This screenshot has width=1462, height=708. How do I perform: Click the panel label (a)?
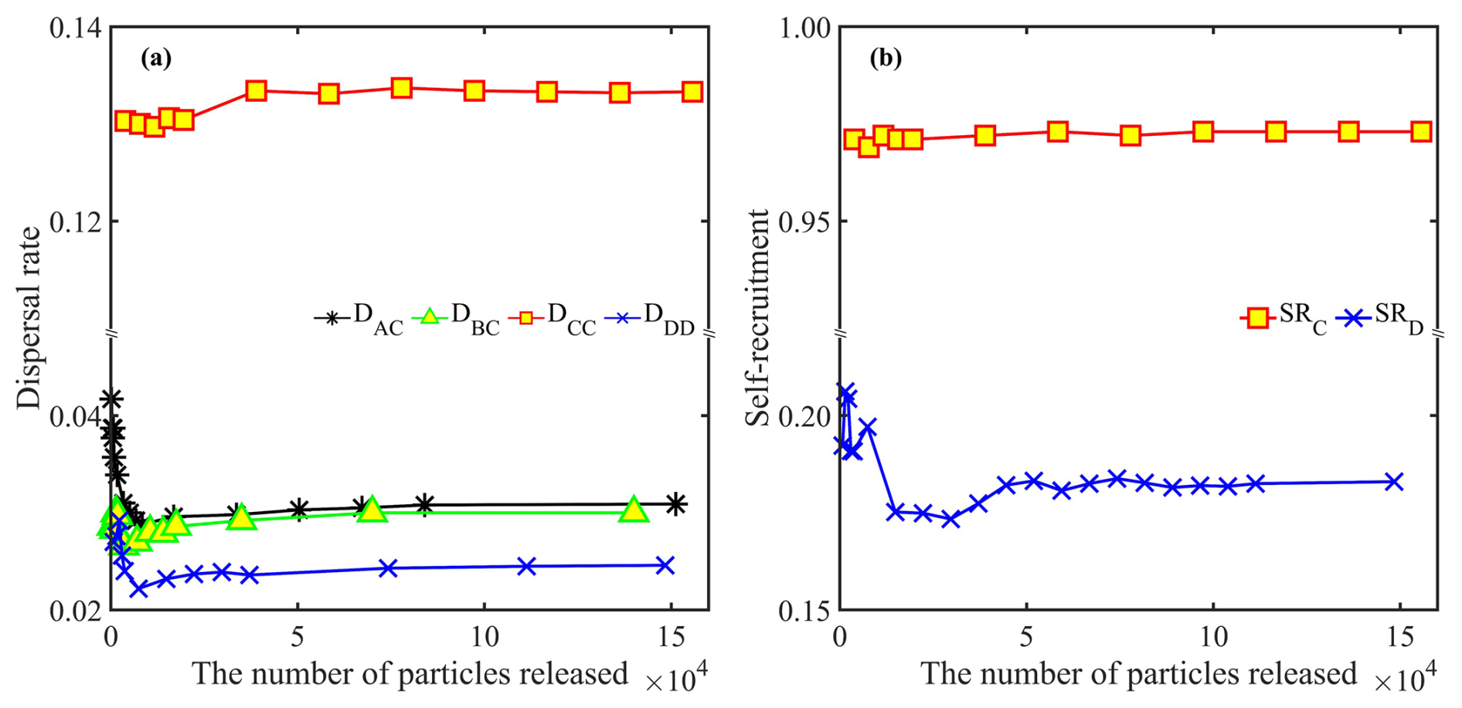pos(156,59)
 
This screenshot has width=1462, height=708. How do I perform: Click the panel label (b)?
pos(885,59)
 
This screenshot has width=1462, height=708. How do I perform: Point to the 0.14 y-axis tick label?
pos(75,29)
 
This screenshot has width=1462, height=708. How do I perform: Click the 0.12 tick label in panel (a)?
pos(75,222)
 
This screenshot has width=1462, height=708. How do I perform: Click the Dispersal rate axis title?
pos(29,317)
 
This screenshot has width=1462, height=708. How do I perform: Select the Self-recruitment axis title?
pos(758,317)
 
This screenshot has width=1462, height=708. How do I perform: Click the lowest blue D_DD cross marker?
pos(139,588)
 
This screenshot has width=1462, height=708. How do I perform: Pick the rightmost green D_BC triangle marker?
pos(634,510)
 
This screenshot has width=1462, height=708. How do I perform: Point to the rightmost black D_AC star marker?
pos(675,504)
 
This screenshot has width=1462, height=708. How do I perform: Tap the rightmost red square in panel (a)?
pos(692,92)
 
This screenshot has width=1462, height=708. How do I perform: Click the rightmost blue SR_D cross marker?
pos(1394,482)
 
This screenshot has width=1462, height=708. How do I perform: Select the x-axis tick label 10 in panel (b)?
pos(1213,638)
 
